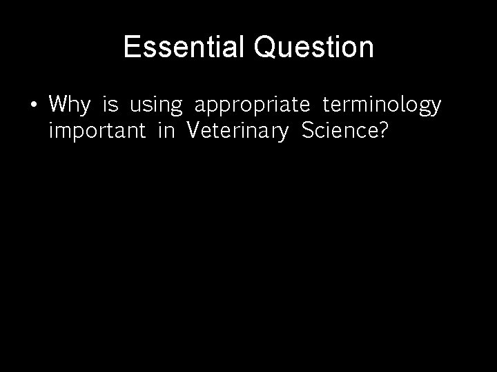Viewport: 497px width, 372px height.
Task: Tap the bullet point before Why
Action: [33, 105]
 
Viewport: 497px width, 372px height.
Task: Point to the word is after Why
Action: [110, 105]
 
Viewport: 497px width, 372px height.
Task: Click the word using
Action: [156, 106]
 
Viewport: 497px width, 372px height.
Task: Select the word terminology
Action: [381, 106]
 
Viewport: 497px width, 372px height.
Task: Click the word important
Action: [97, 132]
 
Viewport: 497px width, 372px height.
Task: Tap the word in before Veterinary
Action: [166, 131]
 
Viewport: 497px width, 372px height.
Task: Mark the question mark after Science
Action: [383, 131]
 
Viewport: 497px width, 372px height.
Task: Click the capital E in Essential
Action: [131, 48]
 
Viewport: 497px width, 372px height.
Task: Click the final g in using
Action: [177, 107]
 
